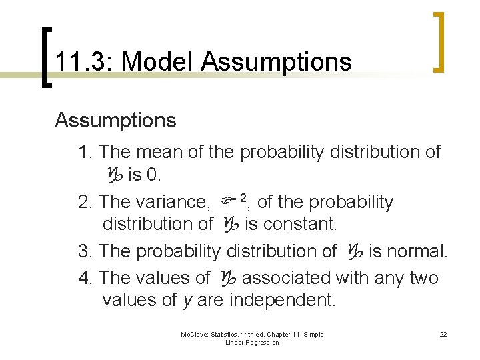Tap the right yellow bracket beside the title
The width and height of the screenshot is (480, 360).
point(439,41)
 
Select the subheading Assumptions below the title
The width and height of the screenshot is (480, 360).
point(115,121)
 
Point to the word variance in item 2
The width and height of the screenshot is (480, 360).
point(173,202)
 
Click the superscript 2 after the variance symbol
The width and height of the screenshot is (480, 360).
point(243,197)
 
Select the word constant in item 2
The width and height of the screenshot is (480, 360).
point(300,225)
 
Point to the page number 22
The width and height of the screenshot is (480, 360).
point(443,335)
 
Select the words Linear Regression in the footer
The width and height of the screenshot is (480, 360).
point(252,343)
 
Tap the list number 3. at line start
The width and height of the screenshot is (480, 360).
point(85,251)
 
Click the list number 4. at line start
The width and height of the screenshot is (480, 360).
point(85,277)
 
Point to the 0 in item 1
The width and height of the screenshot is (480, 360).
point(154,176)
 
